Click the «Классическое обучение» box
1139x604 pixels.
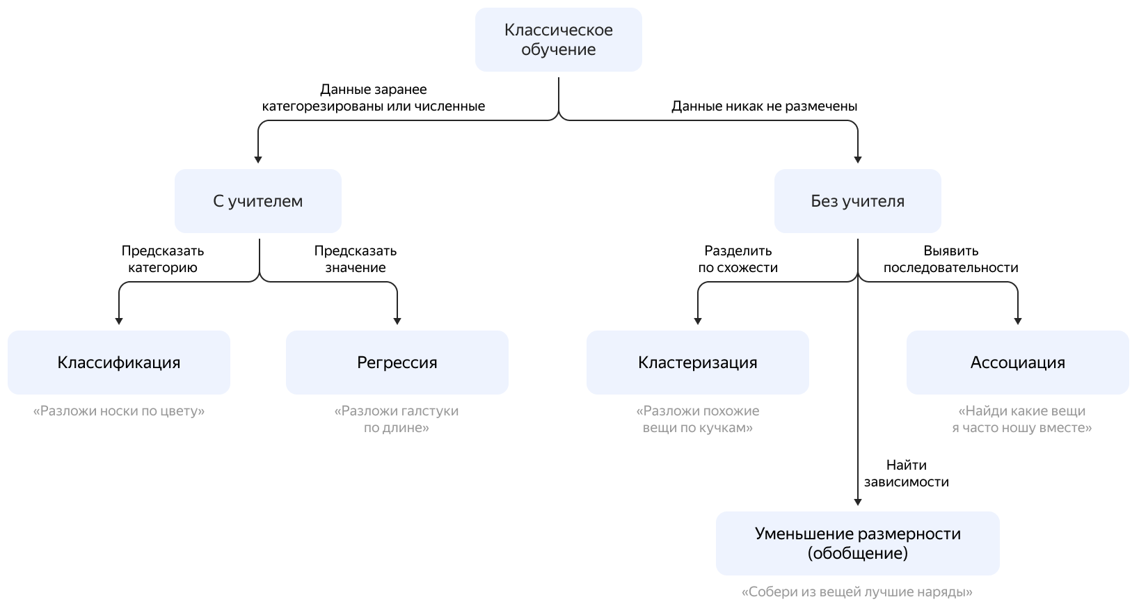pyautogui.click(x=558, y=40)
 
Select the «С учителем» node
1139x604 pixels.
pyautogui.click(x=257, y=201)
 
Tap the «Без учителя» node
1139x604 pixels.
pyautogui.click(x=857, y=201)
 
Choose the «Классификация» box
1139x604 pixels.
pyautogui.click(x=118, y=363)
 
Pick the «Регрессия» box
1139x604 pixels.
pyautogui.click(x=397, y=363)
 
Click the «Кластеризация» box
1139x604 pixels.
pyautogui.click(x=697, y=363)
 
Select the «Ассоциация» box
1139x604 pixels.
pyautogui.click(x=1017, y=363)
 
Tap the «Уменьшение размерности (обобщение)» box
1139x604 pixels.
pyautogui.click(x=857, y=543)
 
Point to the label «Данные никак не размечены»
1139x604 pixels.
pyautogui.click(x=764, y=106)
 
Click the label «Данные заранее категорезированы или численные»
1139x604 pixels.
pyautogui.click(x=374, y=98)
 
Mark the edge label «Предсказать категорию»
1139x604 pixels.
pyautogui.click(x=163, y=259)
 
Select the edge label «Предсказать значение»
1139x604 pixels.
pyautogui.click(x=355, y=259)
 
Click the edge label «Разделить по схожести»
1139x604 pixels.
pyautogui.click(x=738, y=259)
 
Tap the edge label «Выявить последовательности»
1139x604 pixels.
pyautogui.click(x=950, y=259)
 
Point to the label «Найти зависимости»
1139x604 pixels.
pyautogui.click(x=906, y=473)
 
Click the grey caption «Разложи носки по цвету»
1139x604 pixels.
pyautogui.click(x=119, y=411)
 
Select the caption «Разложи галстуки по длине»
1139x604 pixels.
pyautogui.click(x=397, y=419)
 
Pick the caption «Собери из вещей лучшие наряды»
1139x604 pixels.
pyautogui.click(x=857, y=592)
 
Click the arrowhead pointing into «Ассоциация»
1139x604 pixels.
pyautogui.click(x=1018, y=321)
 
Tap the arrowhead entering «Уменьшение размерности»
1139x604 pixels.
pyautogui.click(x=857, y=502)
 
